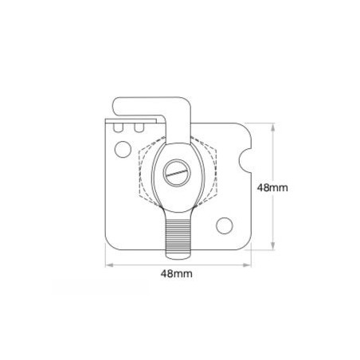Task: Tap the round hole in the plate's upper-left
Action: click(122, 147)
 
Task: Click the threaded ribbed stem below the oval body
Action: click(178, 233)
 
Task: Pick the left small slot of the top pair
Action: click(120, 127)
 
